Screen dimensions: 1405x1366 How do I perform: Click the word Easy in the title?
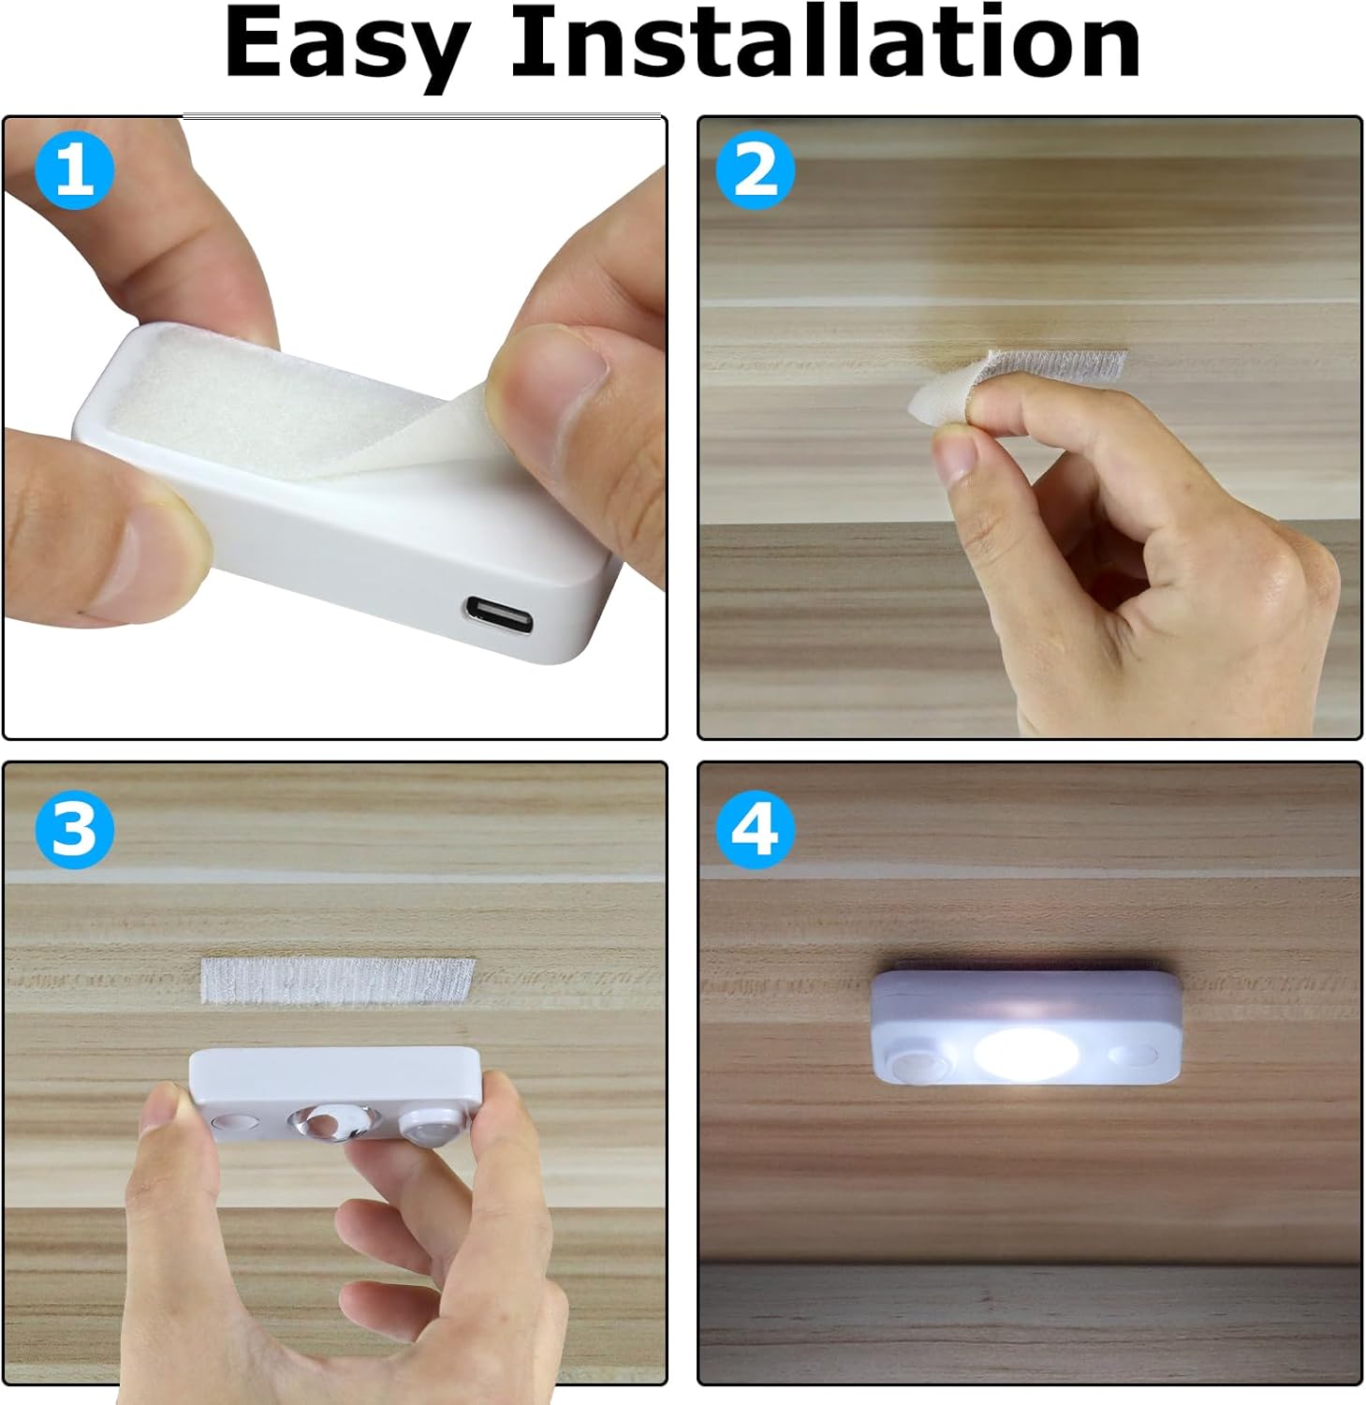coord(346,45)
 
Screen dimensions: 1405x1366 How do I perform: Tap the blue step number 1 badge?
coord(75,170)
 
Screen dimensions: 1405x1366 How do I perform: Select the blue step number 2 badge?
coord(755,170)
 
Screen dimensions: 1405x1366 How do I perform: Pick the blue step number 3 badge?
coord(75,829)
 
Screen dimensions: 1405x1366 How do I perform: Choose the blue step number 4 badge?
coord(755,829)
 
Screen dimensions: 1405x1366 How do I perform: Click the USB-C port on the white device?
coord(500,615)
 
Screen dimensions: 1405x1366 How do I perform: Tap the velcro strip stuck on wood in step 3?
coord(338,980)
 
